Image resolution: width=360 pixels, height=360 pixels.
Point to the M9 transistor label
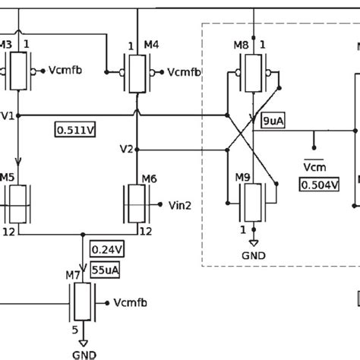[242, 178]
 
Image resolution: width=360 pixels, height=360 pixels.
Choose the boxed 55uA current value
[106, 268]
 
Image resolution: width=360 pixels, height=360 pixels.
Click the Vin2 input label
[179, 204]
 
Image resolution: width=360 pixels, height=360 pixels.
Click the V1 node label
[8, 115]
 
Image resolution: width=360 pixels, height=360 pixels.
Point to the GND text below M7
[84, 354]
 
